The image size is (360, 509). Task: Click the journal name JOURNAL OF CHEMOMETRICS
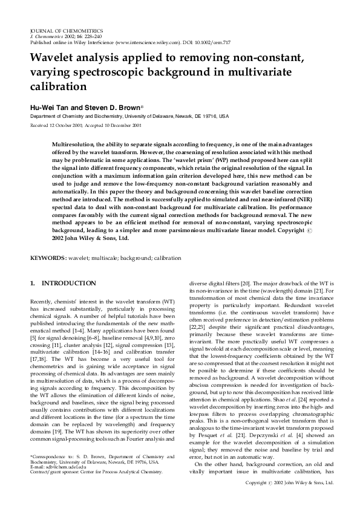point(67,30)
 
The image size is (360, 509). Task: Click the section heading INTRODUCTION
point(68,283)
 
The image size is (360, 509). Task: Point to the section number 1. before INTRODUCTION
point(33,283)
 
